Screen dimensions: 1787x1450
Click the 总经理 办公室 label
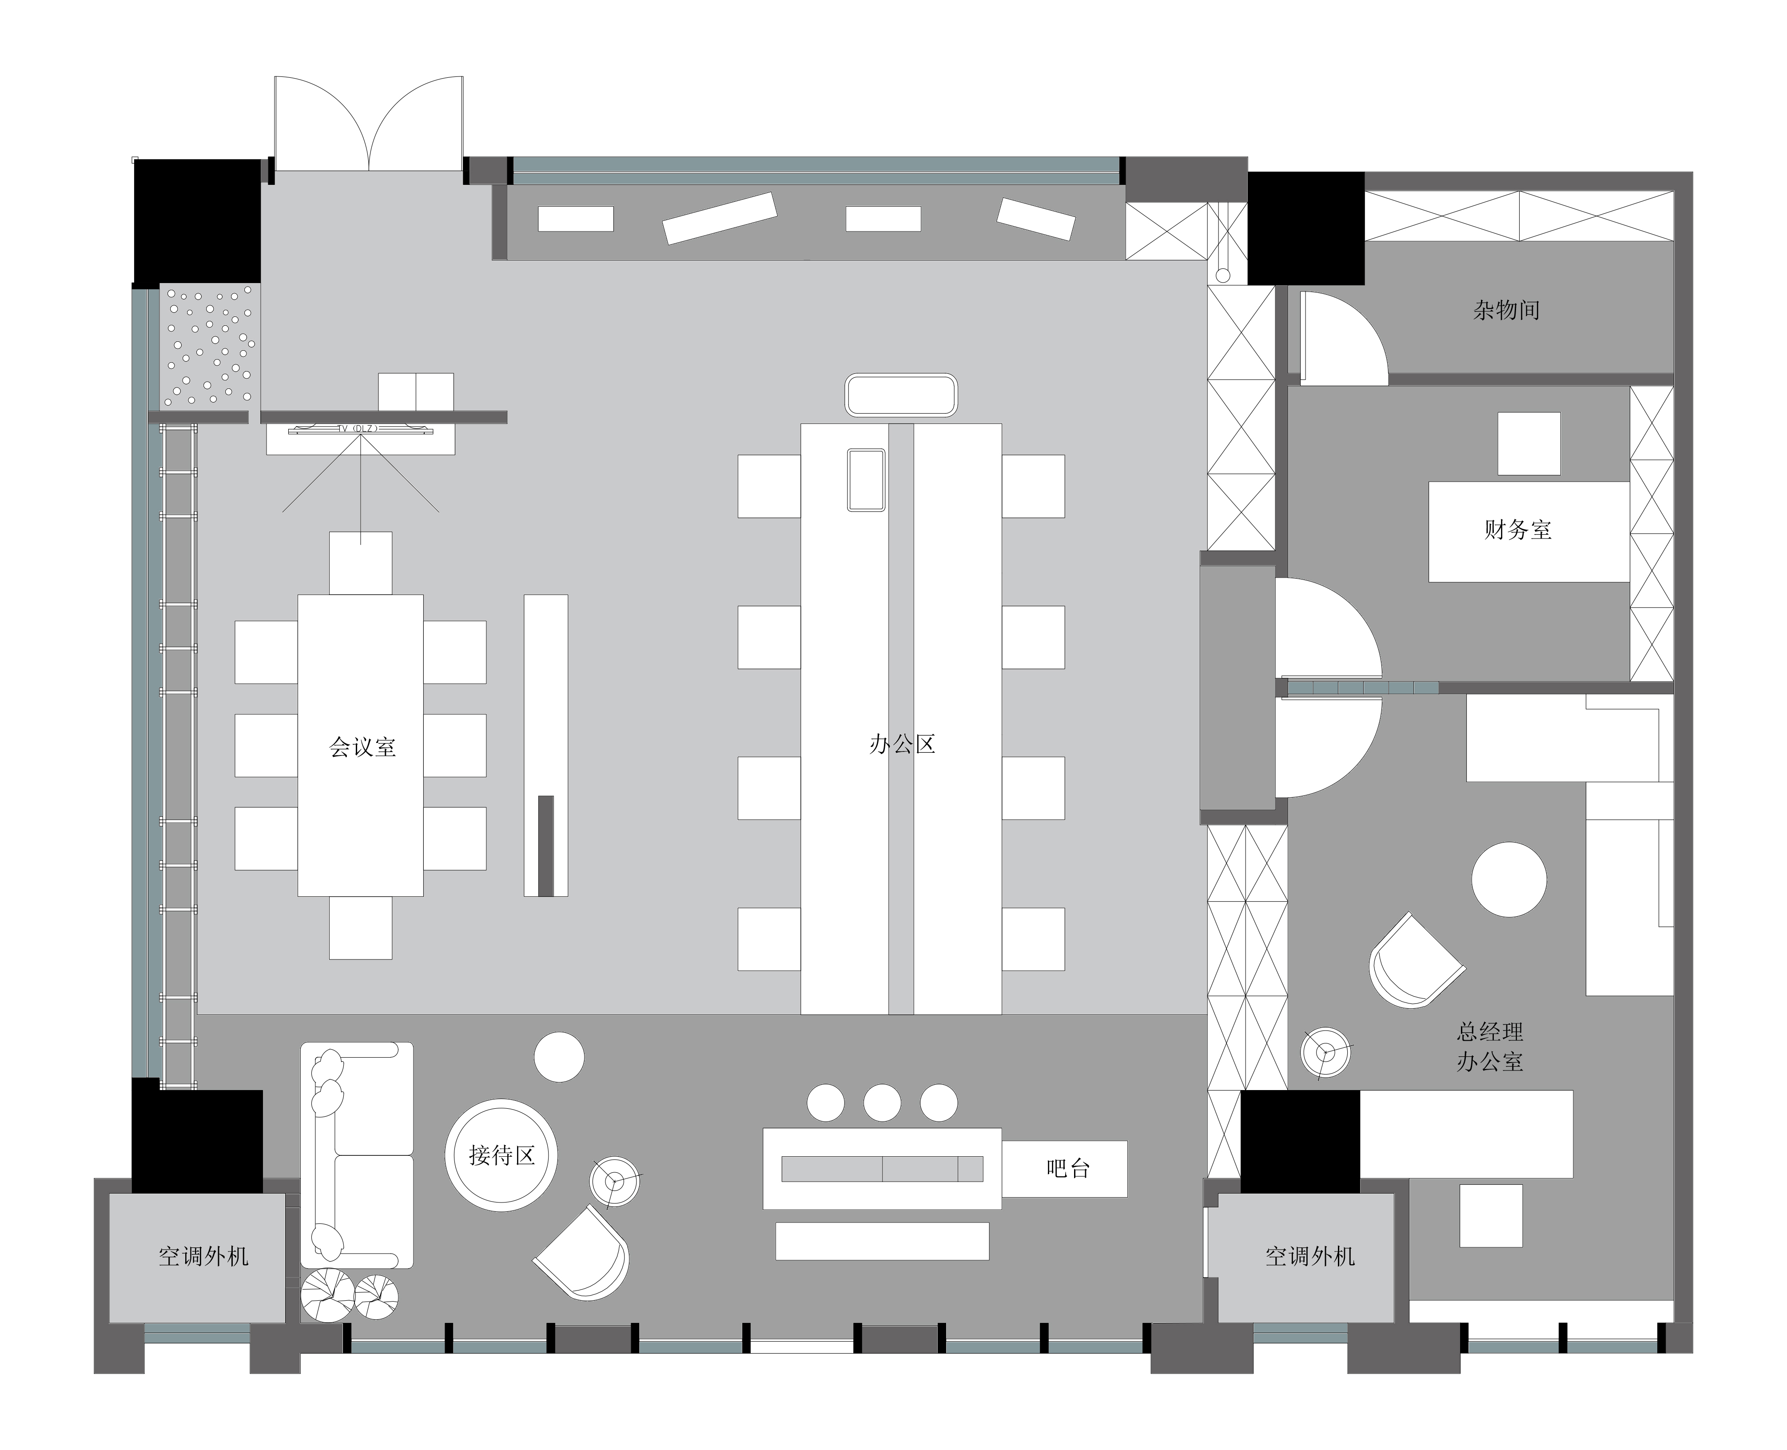coord(1490,1047)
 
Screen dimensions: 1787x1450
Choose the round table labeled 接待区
coord(501,1155)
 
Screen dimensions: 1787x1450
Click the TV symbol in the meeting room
coord(361,429)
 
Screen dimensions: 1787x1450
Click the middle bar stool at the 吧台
coord(882,1102)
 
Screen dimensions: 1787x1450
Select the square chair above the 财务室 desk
coord(1528,443)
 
